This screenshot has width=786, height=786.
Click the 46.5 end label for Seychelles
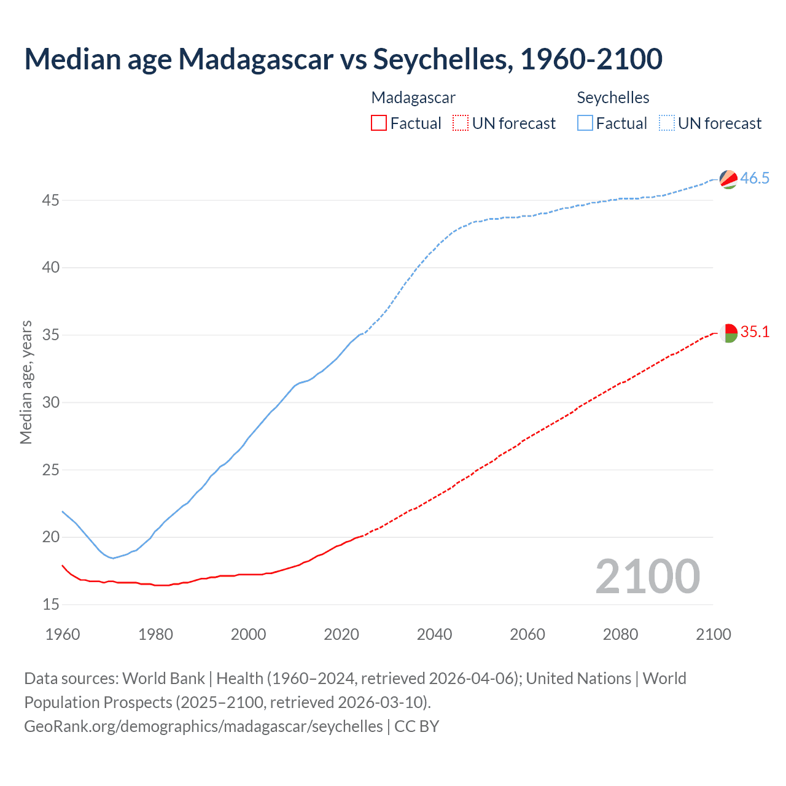pos(755,178)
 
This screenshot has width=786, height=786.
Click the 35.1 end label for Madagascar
pos(755,332)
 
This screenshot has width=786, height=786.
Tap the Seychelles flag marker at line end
pos(728,179)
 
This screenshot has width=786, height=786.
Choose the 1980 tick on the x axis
pos(155,634)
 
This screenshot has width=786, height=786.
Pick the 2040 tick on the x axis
pos(434,634)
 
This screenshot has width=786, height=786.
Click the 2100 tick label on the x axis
pos(713,634)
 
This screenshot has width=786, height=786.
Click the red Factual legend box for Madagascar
pos(379,123)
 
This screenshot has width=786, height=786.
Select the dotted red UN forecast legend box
pos(461,123)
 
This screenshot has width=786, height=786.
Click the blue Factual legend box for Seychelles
pos(585,123)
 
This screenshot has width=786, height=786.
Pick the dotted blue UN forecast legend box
pos(666,123)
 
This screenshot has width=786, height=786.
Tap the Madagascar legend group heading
pos(413,98)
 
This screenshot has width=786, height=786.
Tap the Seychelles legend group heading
pos(613,98)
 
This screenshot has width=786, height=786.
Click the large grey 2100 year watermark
pos(647,576)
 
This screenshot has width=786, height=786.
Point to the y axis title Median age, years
pos(26,382)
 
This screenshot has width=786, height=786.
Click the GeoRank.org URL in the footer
pos(203,726)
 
